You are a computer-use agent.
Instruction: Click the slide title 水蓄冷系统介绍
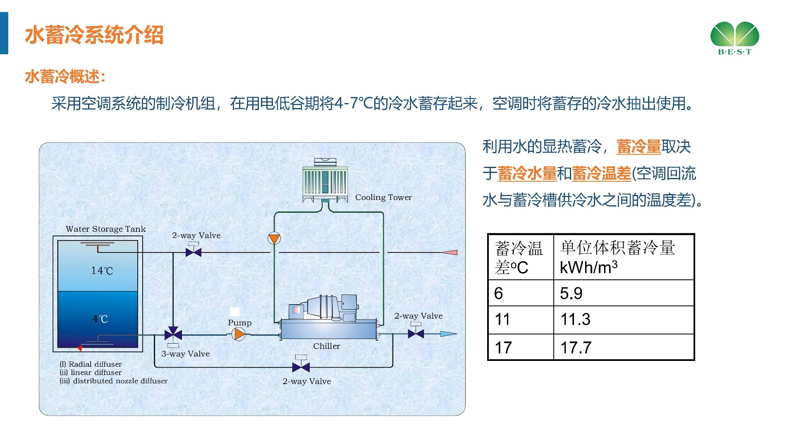click(94, 35)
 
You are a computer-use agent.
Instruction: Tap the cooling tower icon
click(325, 181)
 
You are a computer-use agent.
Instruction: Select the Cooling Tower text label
click(383, 197)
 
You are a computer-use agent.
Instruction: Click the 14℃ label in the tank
click(102, 271)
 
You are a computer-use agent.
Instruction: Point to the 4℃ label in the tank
click(100, 319)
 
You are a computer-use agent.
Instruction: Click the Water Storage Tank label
click(105, 229)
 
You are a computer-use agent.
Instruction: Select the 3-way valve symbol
click(173, 334)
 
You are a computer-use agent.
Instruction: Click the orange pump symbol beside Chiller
click(239, 334)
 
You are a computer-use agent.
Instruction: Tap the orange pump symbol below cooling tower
click(274, 238)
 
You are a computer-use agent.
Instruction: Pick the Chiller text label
click(326, 346)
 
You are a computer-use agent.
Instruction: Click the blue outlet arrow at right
click(448, 334)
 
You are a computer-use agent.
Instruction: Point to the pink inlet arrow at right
click(450, 252)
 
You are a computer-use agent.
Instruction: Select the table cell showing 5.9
click(623, 293)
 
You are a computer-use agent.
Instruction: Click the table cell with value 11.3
click(623, 320)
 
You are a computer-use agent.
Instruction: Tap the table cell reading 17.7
click(623, 347)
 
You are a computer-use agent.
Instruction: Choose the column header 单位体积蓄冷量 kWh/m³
click(623, 257)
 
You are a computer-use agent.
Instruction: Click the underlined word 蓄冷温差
click(602, 173)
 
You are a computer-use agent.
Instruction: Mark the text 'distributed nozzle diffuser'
click(120, 381)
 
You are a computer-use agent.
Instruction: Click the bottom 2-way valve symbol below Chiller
click(301, 367)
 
